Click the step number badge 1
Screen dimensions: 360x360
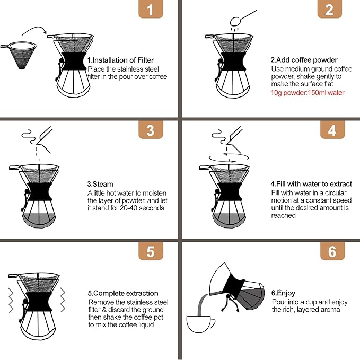click(x=151, y=10)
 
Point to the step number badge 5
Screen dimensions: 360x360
click(x=151, y=251)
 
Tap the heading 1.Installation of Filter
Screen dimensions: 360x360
click(x=120, y=60)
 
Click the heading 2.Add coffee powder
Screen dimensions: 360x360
click(x=304, y=60)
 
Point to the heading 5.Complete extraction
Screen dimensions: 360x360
click(x=123, y=293)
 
